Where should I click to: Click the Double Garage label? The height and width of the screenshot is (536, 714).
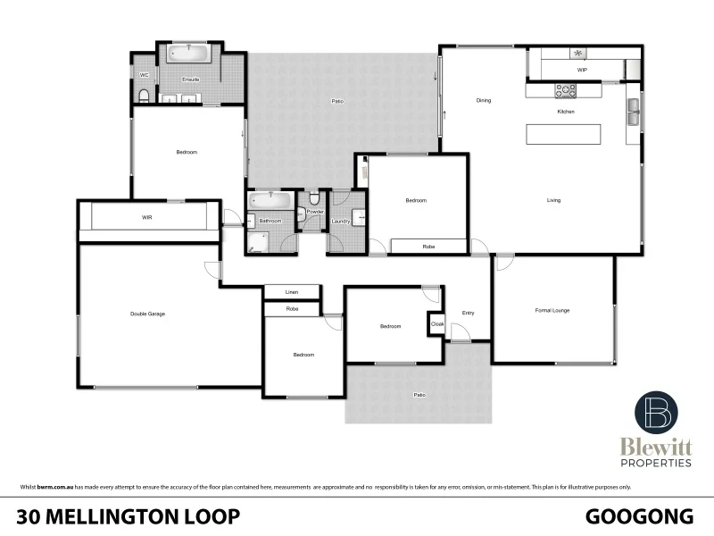pyautogui.click(x=147, y=314)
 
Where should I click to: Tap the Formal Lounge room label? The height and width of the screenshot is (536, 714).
pyautogui.click(x=552, y=310)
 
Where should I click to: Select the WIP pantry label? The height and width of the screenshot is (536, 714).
pyautogui.click(x=581, y=69)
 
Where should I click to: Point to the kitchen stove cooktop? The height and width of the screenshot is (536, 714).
pyautogui.click(x=566, y=89)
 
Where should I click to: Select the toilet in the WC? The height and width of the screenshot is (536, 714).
pyautogui.click(x=144, y=95)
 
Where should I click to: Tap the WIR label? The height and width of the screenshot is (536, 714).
pyautogui.click(x=147, y=217)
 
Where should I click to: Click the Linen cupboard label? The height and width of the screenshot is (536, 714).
pyautogui.click(x=291, y=292)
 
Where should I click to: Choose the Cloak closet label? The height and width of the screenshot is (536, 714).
pyautogui.click(x=437, y=323)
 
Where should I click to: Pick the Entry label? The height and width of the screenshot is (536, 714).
pyautogui.click(x=468, y=313)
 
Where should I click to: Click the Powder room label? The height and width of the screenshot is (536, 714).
pyautogui.click(x=314, y=213)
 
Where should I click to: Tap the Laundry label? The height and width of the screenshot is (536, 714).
pyautogui.click(x=340, y=221)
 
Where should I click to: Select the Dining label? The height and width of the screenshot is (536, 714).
pyautogui.click(x=483, y=100)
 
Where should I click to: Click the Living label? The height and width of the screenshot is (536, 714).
pyautogui.click(x=553, y=200)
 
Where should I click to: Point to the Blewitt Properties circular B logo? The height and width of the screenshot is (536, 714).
pyautogui.click(x=656, y=412)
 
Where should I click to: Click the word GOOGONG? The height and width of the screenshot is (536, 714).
pyautogui.click(x=639, y=515)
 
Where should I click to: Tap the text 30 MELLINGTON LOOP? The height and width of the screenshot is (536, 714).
pyautogui.click(x=128, y=515)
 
